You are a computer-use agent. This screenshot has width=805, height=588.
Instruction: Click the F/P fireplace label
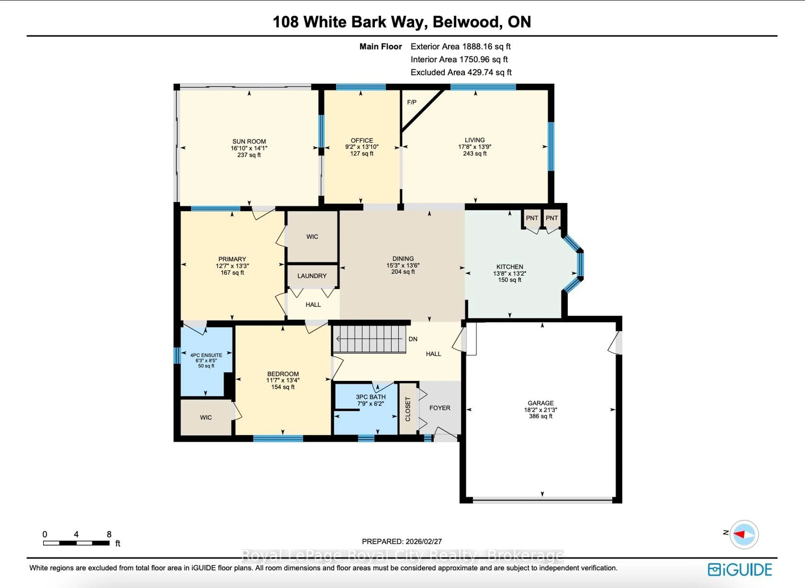[412, 102]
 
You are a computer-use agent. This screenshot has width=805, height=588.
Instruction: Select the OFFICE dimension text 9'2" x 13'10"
[362, 147]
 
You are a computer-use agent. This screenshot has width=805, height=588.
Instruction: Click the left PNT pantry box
[532, 218]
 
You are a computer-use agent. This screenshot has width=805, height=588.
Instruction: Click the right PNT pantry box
[552, 218]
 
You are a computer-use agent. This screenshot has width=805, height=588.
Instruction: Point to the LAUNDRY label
[312, 276]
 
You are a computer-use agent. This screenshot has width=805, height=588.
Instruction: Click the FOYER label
[440, 408]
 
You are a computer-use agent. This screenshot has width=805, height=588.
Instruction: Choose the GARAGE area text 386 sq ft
[540, 416]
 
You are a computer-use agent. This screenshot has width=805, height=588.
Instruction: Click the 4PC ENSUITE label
[206, 355]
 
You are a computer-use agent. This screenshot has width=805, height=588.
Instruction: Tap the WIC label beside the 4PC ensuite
[206, 417]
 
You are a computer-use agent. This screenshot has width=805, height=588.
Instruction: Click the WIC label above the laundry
[312, 237]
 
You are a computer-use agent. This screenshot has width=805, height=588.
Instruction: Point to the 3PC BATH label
[371, 397]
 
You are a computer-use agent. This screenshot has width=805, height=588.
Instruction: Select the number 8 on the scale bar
[109, 534]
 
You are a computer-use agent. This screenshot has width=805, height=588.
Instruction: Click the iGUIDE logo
[740, 570]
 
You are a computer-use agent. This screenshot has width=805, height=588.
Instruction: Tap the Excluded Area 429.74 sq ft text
[461, 72]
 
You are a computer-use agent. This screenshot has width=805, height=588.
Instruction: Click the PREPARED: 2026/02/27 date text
[402, 541]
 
